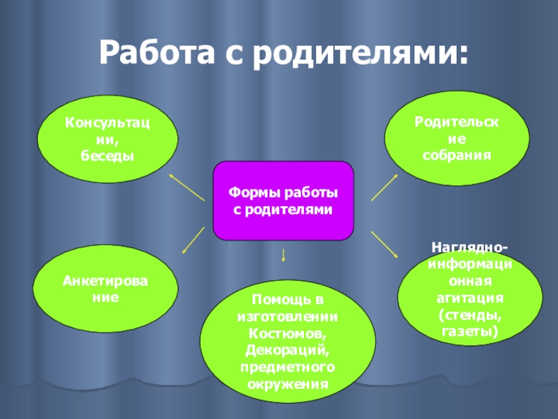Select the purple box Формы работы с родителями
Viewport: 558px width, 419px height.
[283, 200]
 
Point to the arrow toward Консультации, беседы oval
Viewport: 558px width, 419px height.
[186, 186]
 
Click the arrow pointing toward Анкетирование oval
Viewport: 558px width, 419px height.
[193, 242]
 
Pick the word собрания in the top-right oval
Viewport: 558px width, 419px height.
[457, 153]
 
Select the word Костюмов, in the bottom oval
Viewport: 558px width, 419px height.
[288, 334]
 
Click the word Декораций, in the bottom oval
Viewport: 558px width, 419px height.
[288, 350]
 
